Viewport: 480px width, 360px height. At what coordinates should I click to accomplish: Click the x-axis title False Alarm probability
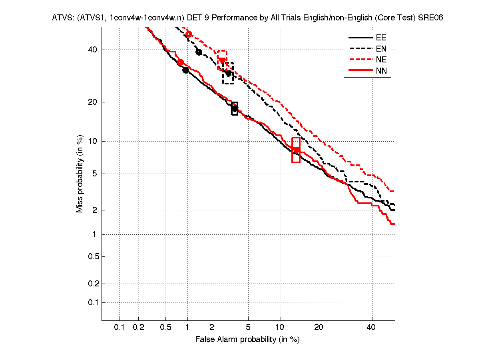click(x=247, y=340)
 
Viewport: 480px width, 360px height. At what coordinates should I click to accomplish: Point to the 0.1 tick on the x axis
click(x=120, y=327)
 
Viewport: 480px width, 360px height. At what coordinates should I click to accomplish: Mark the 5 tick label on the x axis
click(x=248, y=327)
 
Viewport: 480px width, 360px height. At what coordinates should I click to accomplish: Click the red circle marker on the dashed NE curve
click(x=189, y=34)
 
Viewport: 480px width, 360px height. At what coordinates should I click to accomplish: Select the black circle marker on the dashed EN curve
click(x=199, y=52)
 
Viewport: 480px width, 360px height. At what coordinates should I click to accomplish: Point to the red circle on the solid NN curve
click(x=180, y=62)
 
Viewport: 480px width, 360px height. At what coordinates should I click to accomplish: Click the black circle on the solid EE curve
click(x=185, y=70)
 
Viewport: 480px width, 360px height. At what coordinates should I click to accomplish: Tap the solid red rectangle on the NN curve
click(x=296, y=150)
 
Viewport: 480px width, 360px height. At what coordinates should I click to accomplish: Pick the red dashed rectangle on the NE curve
click(x=222, y=60)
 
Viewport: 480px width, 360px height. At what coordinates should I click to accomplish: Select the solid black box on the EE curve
click(x=235, y=108)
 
